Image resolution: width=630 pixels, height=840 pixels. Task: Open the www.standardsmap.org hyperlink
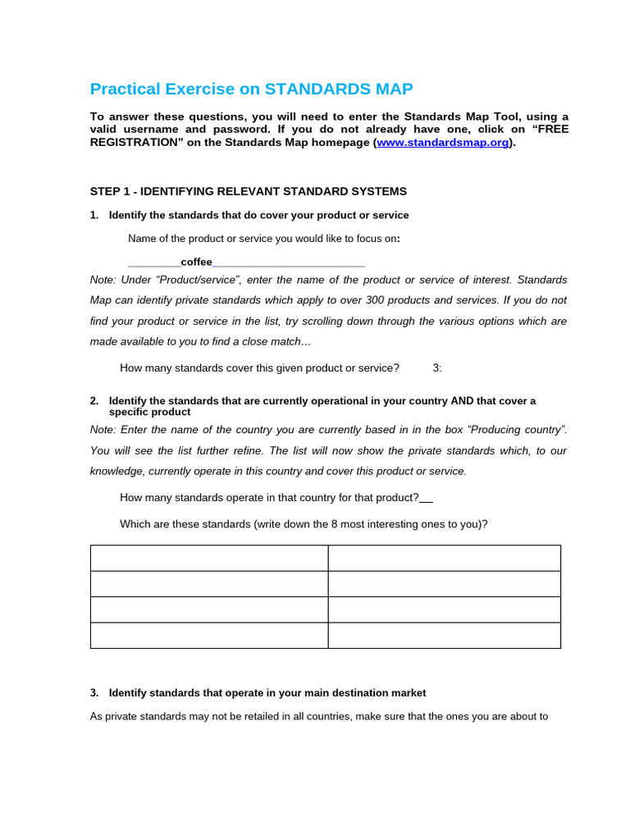(444, 143)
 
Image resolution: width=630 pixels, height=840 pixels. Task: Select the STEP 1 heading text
(248, 191)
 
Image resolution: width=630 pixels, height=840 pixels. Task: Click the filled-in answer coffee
(196, 262)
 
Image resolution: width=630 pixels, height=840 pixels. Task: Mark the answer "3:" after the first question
(436, 368)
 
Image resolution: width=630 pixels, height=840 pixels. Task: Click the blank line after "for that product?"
(427, 498)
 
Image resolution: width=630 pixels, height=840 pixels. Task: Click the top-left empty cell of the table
(209, 558)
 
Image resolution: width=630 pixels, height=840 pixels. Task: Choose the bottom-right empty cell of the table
(445, 636)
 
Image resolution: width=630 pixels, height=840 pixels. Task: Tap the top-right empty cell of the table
(445, 558)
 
